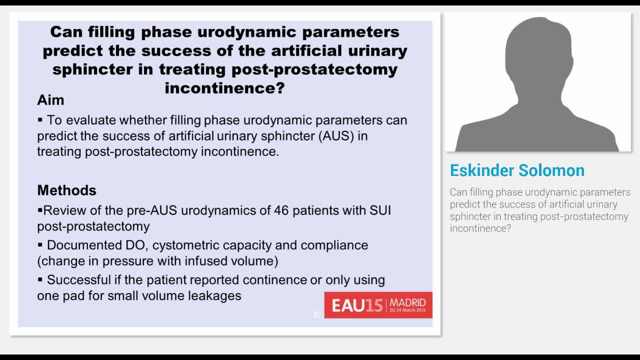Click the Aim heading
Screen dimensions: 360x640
(50, 100)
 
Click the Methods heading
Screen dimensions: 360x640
(66, 190)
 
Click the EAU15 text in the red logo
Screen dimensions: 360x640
(356, 305)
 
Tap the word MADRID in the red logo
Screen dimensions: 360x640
(407, 302)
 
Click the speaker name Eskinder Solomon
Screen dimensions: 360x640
(517, 170)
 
